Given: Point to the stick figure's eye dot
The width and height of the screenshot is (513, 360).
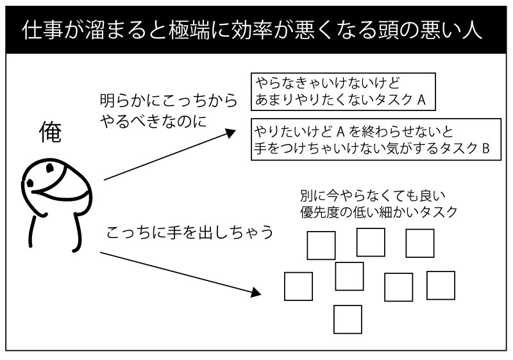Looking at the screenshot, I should pyautogui.click(x=29, y=185).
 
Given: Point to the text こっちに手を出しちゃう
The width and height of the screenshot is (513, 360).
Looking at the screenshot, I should pyautogui.click(x=189, y=232).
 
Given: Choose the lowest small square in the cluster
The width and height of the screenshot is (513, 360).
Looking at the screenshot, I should pyautogui.click(x=348, y=318).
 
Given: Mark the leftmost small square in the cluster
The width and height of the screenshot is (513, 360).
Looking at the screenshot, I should pyautogui.click(x=298, y=286).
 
